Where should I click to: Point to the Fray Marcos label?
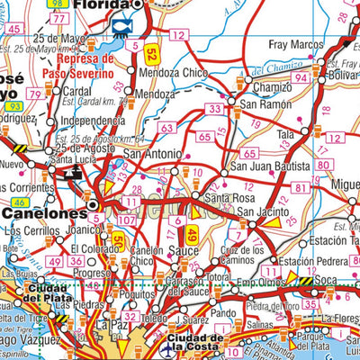coord(295,44)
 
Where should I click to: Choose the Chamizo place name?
coord(272,87)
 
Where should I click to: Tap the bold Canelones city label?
coord(43,213)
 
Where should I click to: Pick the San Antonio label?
coord(153,153)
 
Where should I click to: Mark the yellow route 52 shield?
coord(151,53)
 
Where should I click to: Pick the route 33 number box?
coord(213,109)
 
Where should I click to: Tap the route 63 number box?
coord(166,129)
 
